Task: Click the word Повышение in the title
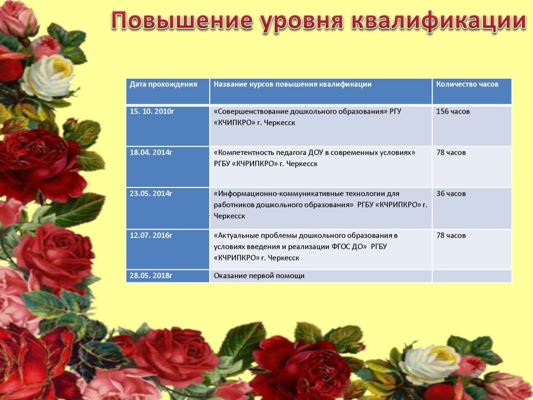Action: (x=182, y=20)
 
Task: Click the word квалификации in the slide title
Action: (x=439, y=21)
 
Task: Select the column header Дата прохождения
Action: (x=163, y=84)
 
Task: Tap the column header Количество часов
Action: (x=467, y=84)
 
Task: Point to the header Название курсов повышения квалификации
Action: (x=293, y=84)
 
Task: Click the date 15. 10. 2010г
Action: (x=151, y=111)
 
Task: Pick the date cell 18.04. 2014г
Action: (x=151, y=153)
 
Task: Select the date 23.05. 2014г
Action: (x=151, y=194)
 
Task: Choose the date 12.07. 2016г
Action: (x=151, y=235)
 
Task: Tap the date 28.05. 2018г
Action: (x=151, y=276)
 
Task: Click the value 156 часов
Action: (x=453, y=111)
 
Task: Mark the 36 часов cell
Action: (x=451, y=194)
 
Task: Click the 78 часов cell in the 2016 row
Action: (x=451, y=235)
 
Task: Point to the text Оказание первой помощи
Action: (x=259, y=276)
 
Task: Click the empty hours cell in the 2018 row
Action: (x=472, y=276)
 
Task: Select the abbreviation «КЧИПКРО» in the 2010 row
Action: (x=235, y=123)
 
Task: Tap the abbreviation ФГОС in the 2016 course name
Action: (x=339, y=246)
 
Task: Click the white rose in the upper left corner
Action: (x=48, y=77)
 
